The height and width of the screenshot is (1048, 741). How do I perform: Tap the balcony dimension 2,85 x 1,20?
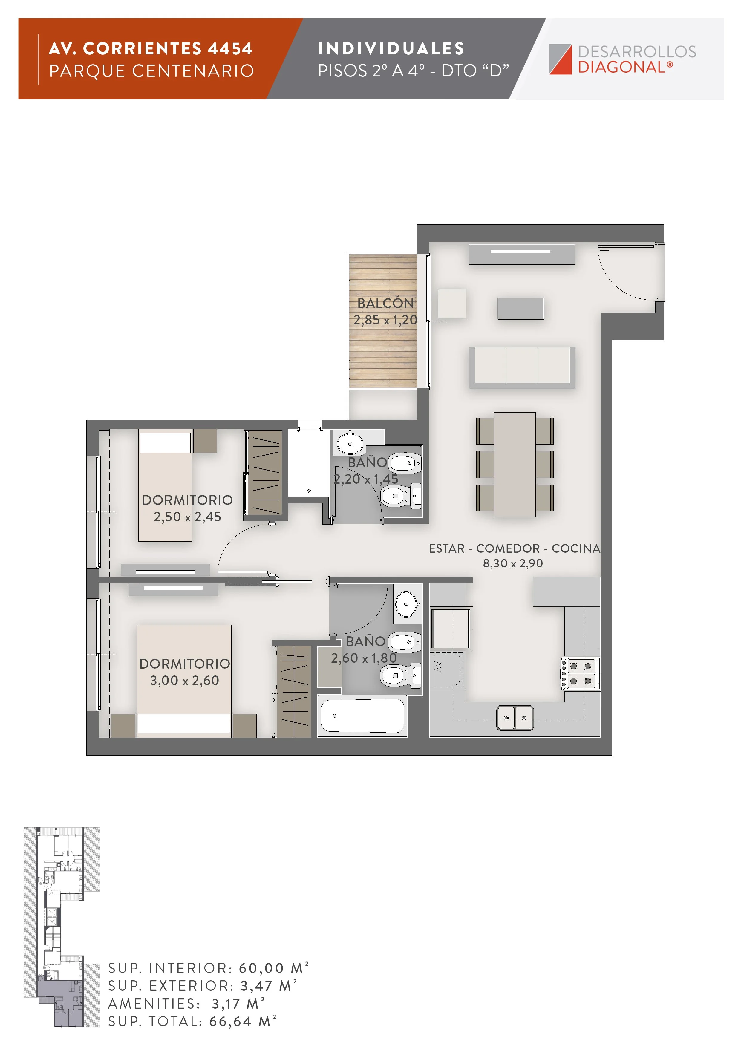click(385, 320)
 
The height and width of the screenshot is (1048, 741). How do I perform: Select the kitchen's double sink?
click(515, 718)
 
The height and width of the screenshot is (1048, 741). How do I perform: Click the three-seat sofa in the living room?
click(522, 367)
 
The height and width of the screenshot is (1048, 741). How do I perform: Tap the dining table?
click(515, 464)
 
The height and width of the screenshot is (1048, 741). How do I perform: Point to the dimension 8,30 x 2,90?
click(513, 563)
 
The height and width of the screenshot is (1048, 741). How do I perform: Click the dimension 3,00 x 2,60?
click(184, 680)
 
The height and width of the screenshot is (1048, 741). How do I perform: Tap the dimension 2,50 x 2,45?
click(187, 517)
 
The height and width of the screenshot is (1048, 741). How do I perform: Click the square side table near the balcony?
click(452, 304)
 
